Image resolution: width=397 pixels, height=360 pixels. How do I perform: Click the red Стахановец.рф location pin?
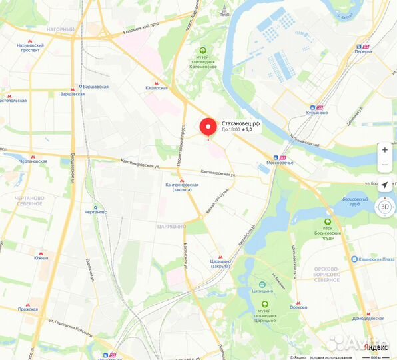click(208, 127)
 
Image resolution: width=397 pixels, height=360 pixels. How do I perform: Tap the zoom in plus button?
click(384, 150)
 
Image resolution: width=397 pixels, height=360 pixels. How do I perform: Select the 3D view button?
click(384, 206)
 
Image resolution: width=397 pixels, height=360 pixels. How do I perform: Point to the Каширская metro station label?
click(156, 87)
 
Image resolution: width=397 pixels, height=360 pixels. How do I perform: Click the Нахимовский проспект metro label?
click(30, 48)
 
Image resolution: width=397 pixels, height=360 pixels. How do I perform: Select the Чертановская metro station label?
click(33, 161)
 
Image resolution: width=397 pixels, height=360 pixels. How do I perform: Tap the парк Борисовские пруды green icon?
click(327, 222)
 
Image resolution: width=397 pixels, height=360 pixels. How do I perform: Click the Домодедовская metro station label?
click(368, 319)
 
